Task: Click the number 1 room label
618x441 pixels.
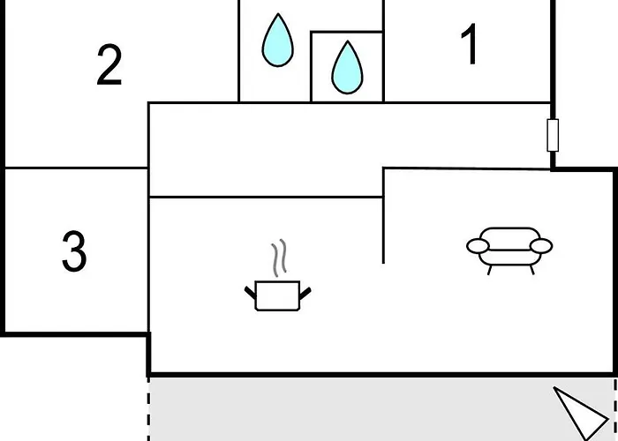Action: tap(470, 44)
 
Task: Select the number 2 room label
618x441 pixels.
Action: tap(109, 64)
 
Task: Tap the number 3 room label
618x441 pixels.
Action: tap(74, 251)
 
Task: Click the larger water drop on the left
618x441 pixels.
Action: tap(278, 41)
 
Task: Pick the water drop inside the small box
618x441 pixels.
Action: tap(347, 68)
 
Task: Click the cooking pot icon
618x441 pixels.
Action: tap(277, 295)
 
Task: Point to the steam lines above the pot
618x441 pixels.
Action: tap(279, 258)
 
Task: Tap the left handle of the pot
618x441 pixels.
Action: tap(250, 293)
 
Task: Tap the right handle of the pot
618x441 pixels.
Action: tap(305, 294)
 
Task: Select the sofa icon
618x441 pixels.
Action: tap(509, 250)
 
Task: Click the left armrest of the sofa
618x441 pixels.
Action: tap(478, 246)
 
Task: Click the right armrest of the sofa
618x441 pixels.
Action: tap(541, 246)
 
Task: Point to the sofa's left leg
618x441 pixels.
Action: tap(489, 270)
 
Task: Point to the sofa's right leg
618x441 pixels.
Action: tap(532, 270)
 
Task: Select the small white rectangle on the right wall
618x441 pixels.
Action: tap(553, 135)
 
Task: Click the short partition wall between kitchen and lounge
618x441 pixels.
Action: tap(383, 216)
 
